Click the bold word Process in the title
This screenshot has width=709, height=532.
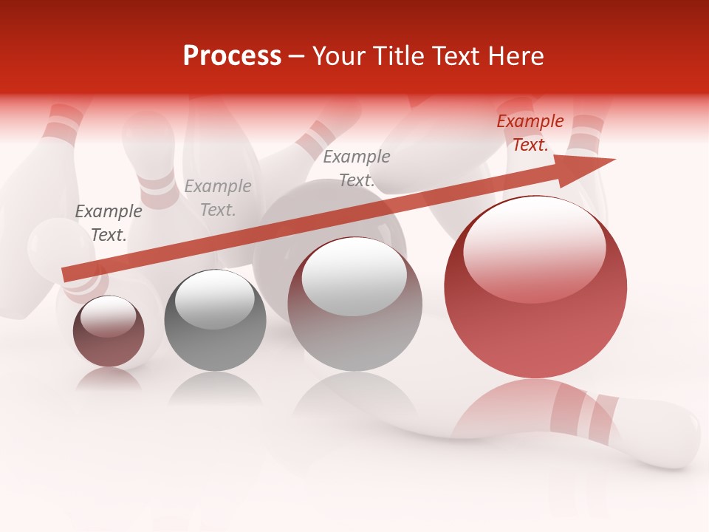[232, 56]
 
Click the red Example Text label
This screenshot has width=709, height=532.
[530, 133]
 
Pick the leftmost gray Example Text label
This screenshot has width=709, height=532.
[109, 222]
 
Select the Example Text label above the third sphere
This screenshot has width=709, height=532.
[357, 168]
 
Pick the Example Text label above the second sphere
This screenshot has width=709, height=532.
[218, 198]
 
